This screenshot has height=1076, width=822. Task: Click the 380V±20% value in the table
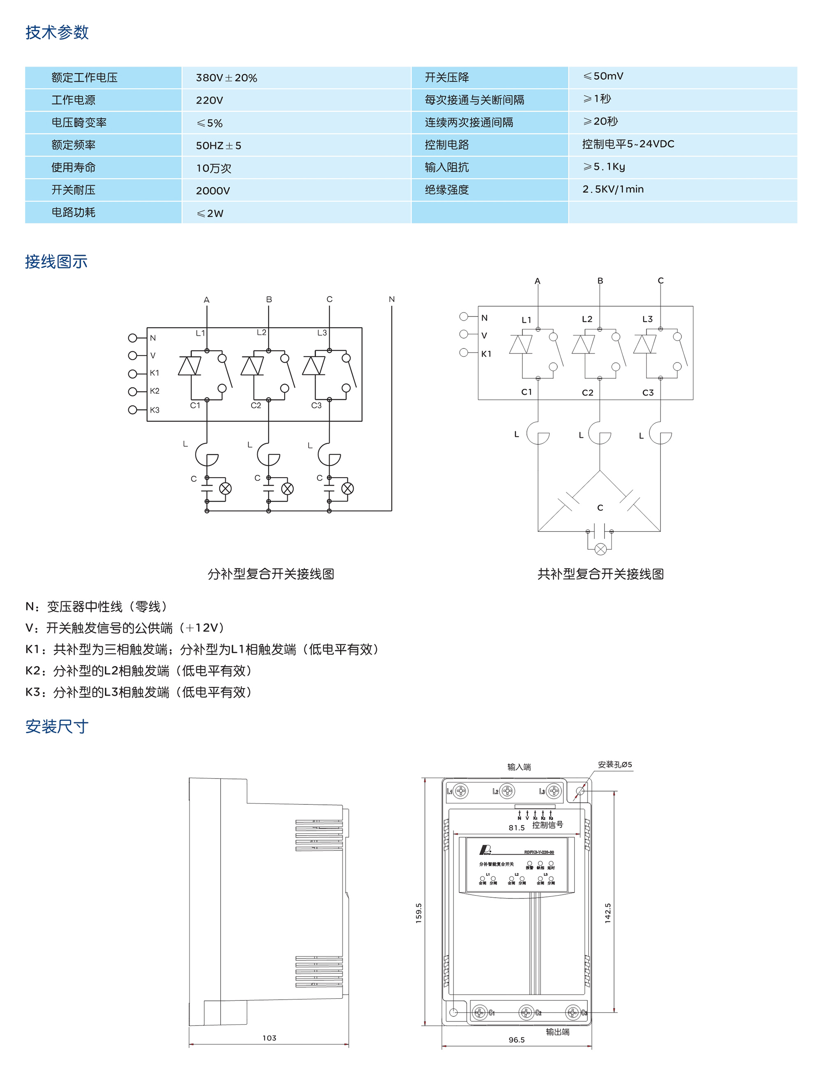tap(226, 78)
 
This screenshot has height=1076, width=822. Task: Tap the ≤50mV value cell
tap(603, 76)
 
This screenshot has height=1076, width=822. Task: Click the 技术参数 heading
tap(57, 32)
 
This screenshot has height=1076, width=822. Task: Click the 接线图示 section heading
tap(56, 262)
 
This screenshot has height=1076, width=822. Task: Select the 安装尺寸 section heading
tap(57, 726)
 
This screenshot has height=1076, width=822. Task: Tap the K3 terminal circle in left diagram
tap(133, 409)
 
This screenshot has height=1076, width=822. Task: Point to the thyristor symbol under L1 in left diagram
tap(189, 366)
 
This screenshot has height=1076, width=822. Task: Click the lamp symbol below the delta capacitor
tap(601, 549)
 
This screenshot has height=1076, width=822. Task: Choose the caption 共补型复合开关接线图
tap(600, 574)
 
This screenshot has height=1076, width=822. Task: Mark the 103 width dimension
tap(269, 1038)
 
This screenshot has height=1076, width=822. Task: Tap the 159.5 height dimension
tap(419, 913)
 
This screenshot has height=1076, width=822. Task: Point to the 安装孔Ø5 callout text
tap(614, 765)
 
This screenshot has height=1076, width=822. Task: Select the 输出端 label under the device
tap(557, 1032)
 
